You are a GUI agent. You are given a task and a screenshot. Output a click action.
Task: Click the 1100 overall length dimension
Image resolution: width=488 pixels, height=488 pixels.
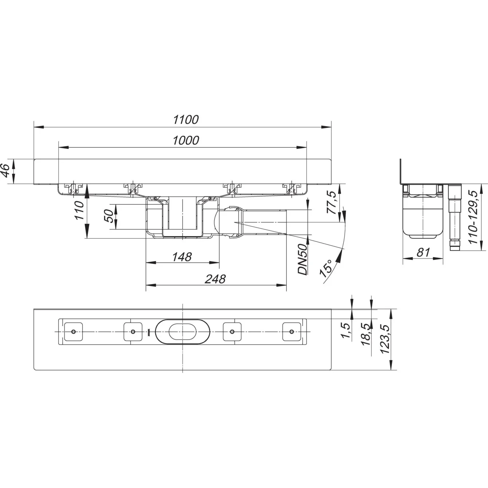point(186,119)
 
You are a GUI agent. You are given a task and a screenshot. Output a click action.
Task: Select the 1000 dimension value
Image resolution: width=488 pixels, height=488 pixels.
point(186,140)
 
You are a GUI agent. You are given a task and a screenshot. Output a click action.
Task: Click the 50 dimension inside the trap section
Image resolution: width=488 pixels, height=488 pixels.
point(109,216)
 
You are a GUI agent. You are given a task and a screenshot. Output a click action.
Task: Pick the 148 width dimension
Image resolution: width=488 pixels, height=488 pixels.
point(182,257)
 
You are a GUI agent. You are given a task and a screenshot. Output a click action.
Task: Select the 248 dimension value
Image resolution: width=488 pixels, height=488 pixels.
point(215,279)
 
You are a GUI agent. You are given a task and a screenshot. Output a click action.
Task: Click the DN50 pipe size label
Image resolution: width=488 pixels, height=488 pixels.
point(303,259)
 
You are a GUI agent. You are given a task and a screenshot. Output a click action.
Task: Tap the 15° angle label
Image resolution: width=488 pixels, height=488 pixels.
point(326,268)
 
